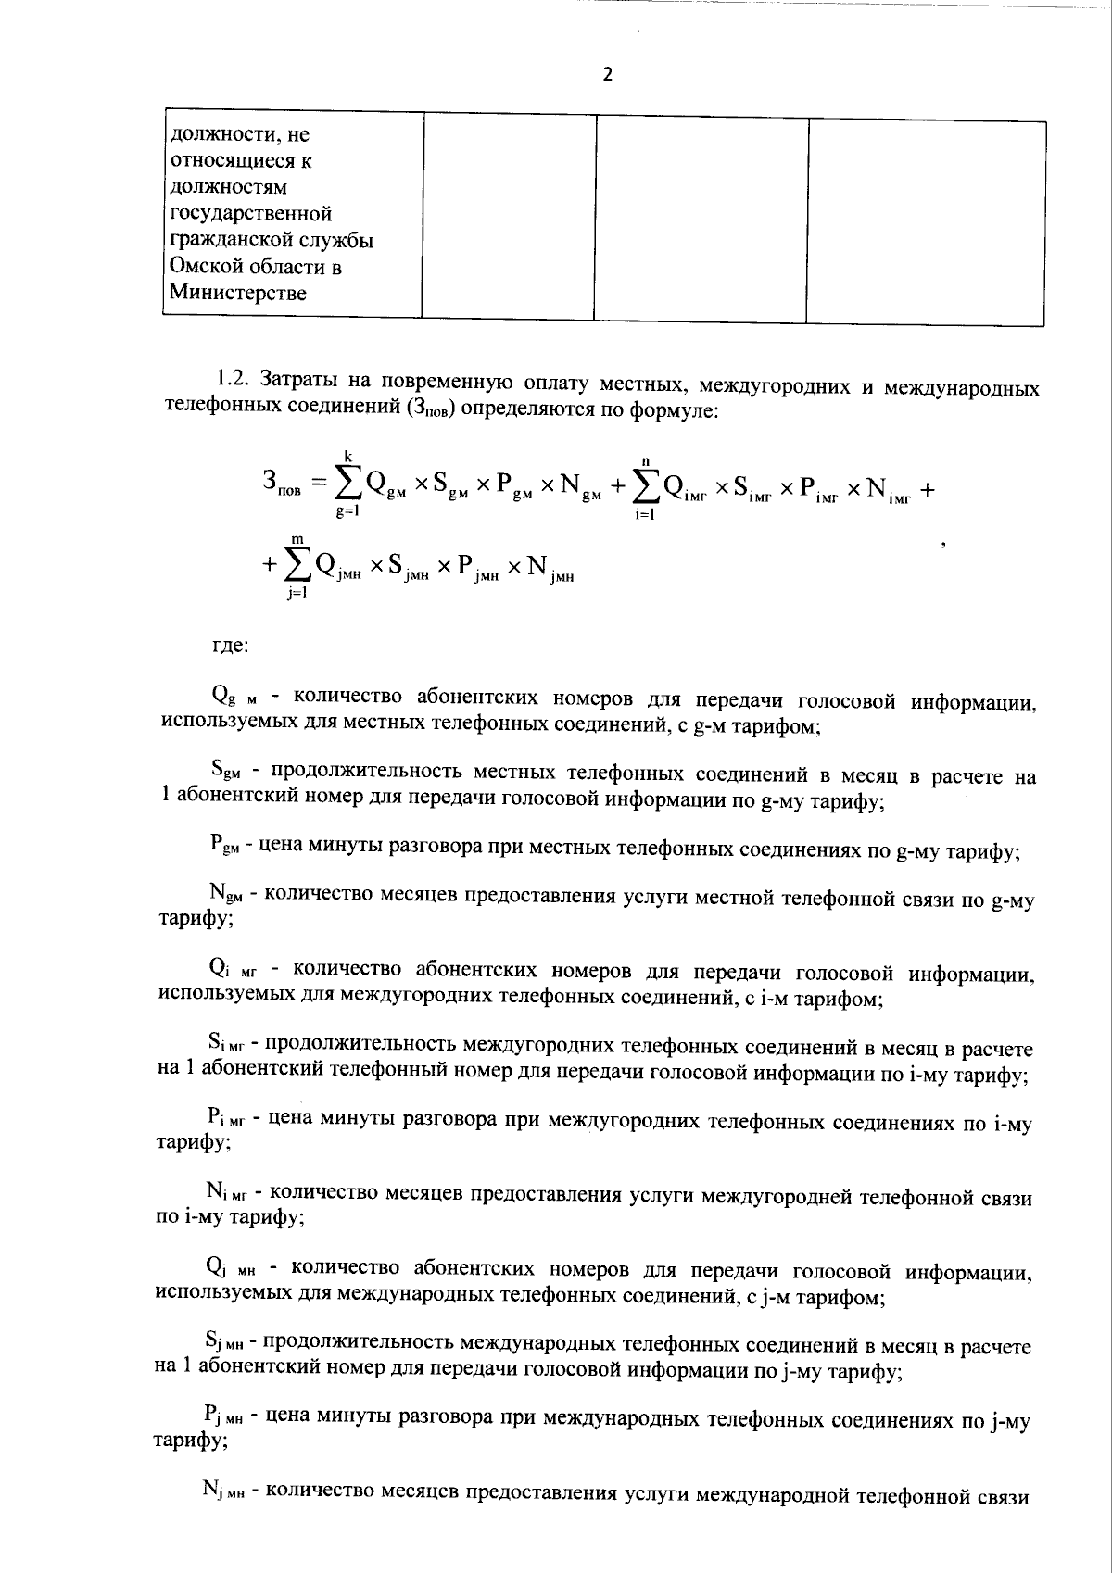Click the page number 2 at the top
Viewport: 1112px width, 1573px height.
tap(608, 75)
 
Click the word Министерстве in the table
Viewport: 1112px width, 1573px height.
tap(237, 294)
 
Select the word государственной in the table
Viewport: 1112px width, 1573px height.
tap(252, 214)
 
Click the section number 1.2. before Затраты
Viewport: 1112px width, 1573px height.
tap(234, 381)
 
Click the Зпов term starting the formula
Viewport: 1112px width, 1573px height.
tap(281, 484)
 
